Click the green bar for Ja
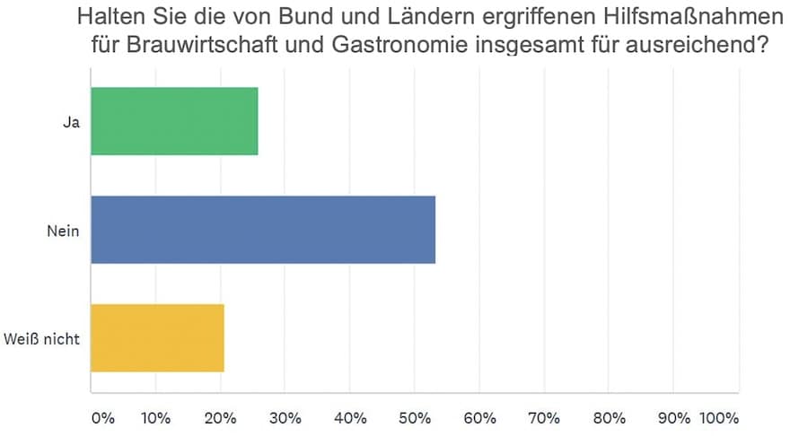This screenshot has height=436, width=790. pyautogui.click(x=174, y=121)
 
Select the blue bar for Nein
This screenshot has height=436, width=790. pyautogui.click(x=263, y=230)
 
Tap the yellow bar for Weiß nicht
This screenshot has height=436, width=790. pyautogui.click(x=157, y=338)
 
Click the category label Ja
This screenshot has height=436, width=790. pyautogui.click(x=71, y=122)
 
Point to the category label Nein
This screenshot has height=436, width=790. pyautogui.click(x=63, y=231)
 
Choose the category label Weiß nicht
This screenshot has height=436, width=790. pyautogui.click(x=42, y=339)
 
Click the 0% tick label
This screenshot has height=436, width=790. pyautogui.click(x=103, y=418)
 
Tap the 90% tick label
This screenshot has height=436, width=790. pyautogui.click(x=675, y=418)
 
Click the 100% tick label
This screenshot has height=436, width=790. pyautogui.click(x=719, y=418)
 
